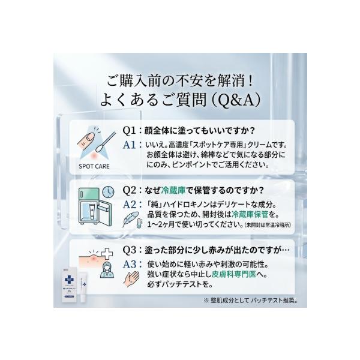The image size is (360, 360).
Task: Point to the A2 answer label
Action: (131, 205)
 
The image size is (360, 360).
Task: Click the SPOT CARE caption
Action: (93, 167)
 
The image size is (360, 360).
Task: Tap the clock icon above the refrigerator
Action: (108, 191)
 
